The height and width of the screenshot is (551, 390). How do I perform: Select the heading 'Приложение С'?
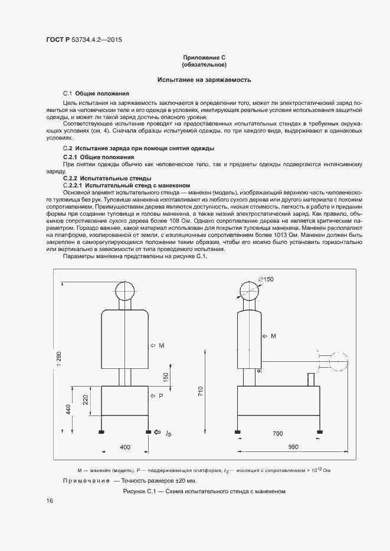205,57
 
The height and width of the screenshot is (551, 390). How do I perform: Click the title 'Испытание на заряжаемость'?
205,79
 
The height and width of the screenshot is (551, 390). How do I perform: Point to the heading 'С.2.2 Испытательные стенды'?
107,178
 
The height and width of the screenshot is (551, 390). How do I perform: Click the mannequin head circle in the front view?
125,292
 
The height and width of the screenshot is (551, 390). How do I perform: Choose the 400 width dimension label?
125,447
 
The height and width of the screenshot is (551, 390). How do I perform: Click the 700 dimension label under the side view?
278,434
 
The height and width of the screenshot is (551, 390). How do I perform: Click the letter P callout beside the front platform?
161,395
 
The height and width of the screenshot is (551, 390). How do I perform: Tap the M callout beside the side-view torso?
273,336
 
